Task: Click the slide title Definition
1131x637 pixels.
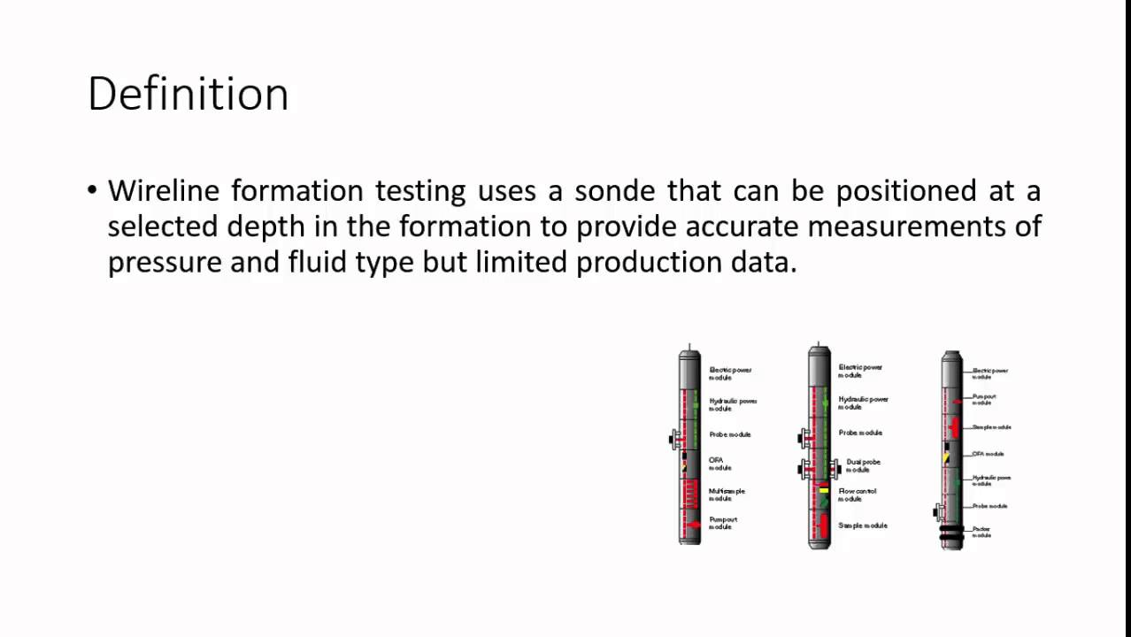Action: click(x=188, y=94)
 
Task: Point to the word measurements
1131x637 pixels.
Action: click(x=924, y=226)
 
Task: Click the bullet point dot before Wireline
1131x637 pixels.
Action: click(x=93, y=191)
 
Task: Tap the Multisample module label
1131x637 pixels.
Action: click(x=727, y=495)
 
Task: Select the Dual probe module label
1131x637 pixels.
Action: click(x=863, y=465)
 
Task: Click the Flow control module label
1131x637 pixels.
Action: click(x=857, y=495)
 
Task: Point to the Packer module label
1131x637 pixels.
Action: click(x=981, y=532)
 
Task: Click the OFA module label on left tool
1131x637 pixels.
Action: click(x=718, y=464)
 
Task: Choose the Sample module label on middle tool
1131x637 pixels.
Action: click(x=863, y=526)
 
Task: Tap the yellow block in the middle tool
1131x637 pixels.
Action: click(x=823, y=488)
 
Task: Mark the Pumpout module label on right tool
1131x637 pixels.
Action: click(x=983, y=399)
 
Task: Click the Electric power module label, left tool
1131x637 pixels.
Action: click(x=730, y=372)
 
